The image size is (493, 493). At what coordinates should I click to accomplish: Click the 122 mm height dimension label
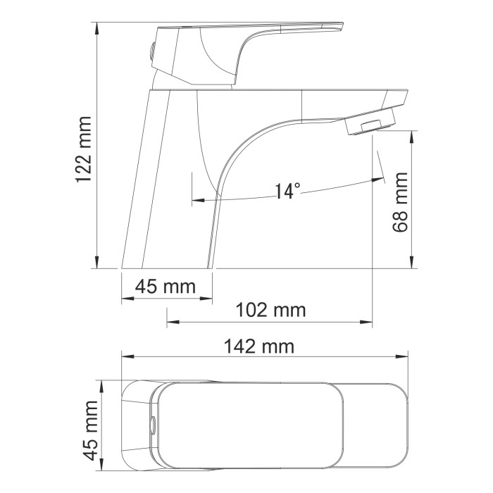pyautogui.click(x=85, y=149)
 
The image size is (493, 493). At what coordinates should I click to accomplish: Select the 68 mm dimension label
pyautogui.click(x=401, y=204)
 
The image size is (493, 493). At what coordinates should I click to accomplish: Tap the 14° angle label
pyautogui.click(x=287, y=191)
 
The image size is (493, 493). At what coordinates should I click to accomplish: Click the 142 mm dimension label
pyautogui.click(x=259, y=346)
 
